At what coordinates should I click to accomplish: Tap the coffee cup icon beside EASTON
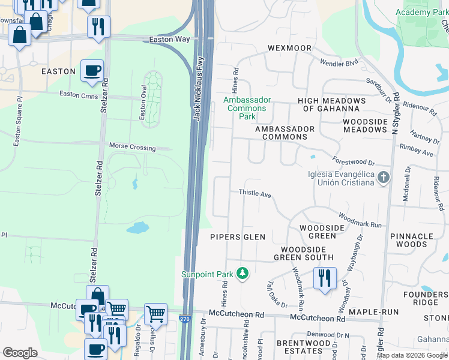(x=92, y=71)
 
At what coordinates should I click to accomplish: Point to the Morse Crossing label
(x=132, y=147)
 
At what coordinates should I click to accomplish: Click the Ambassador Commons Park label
(x=247, y=108)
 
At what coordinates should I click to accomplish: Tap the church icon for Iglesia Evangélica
(x=384, y=178)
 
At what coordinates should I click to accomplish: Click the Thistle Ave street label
(x=255, y=194)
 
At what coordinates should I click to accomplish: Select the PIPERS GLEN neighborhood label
(x=238, y=237)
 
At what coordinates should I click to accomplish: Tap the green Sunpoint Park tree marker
(x=242, y=274)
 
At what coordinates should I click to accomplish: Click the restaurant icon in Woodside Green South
(x=325, y=278)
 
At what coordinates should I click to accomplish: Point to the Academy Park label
(x=421, y=13)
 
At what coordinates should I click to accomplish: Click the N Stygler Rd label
(x=396, y=114)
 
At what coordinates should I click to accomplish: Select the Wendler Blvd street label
(x=339, y=62)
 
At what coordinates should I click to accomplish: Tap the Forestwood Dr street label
(x=353, y=161)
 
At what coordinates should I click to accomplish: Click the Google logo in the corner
(x=20, y=353)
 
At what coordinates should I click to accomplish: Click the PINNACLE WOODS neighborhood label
(x=417, y=240)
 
